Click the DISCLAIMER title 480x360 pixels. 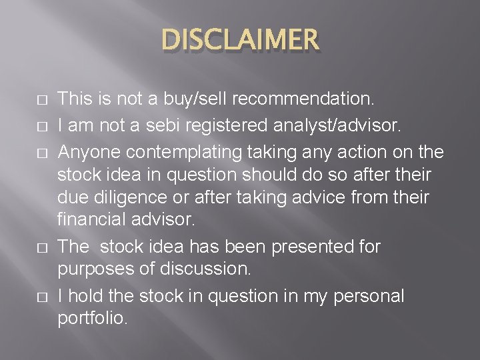[240, 41]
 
